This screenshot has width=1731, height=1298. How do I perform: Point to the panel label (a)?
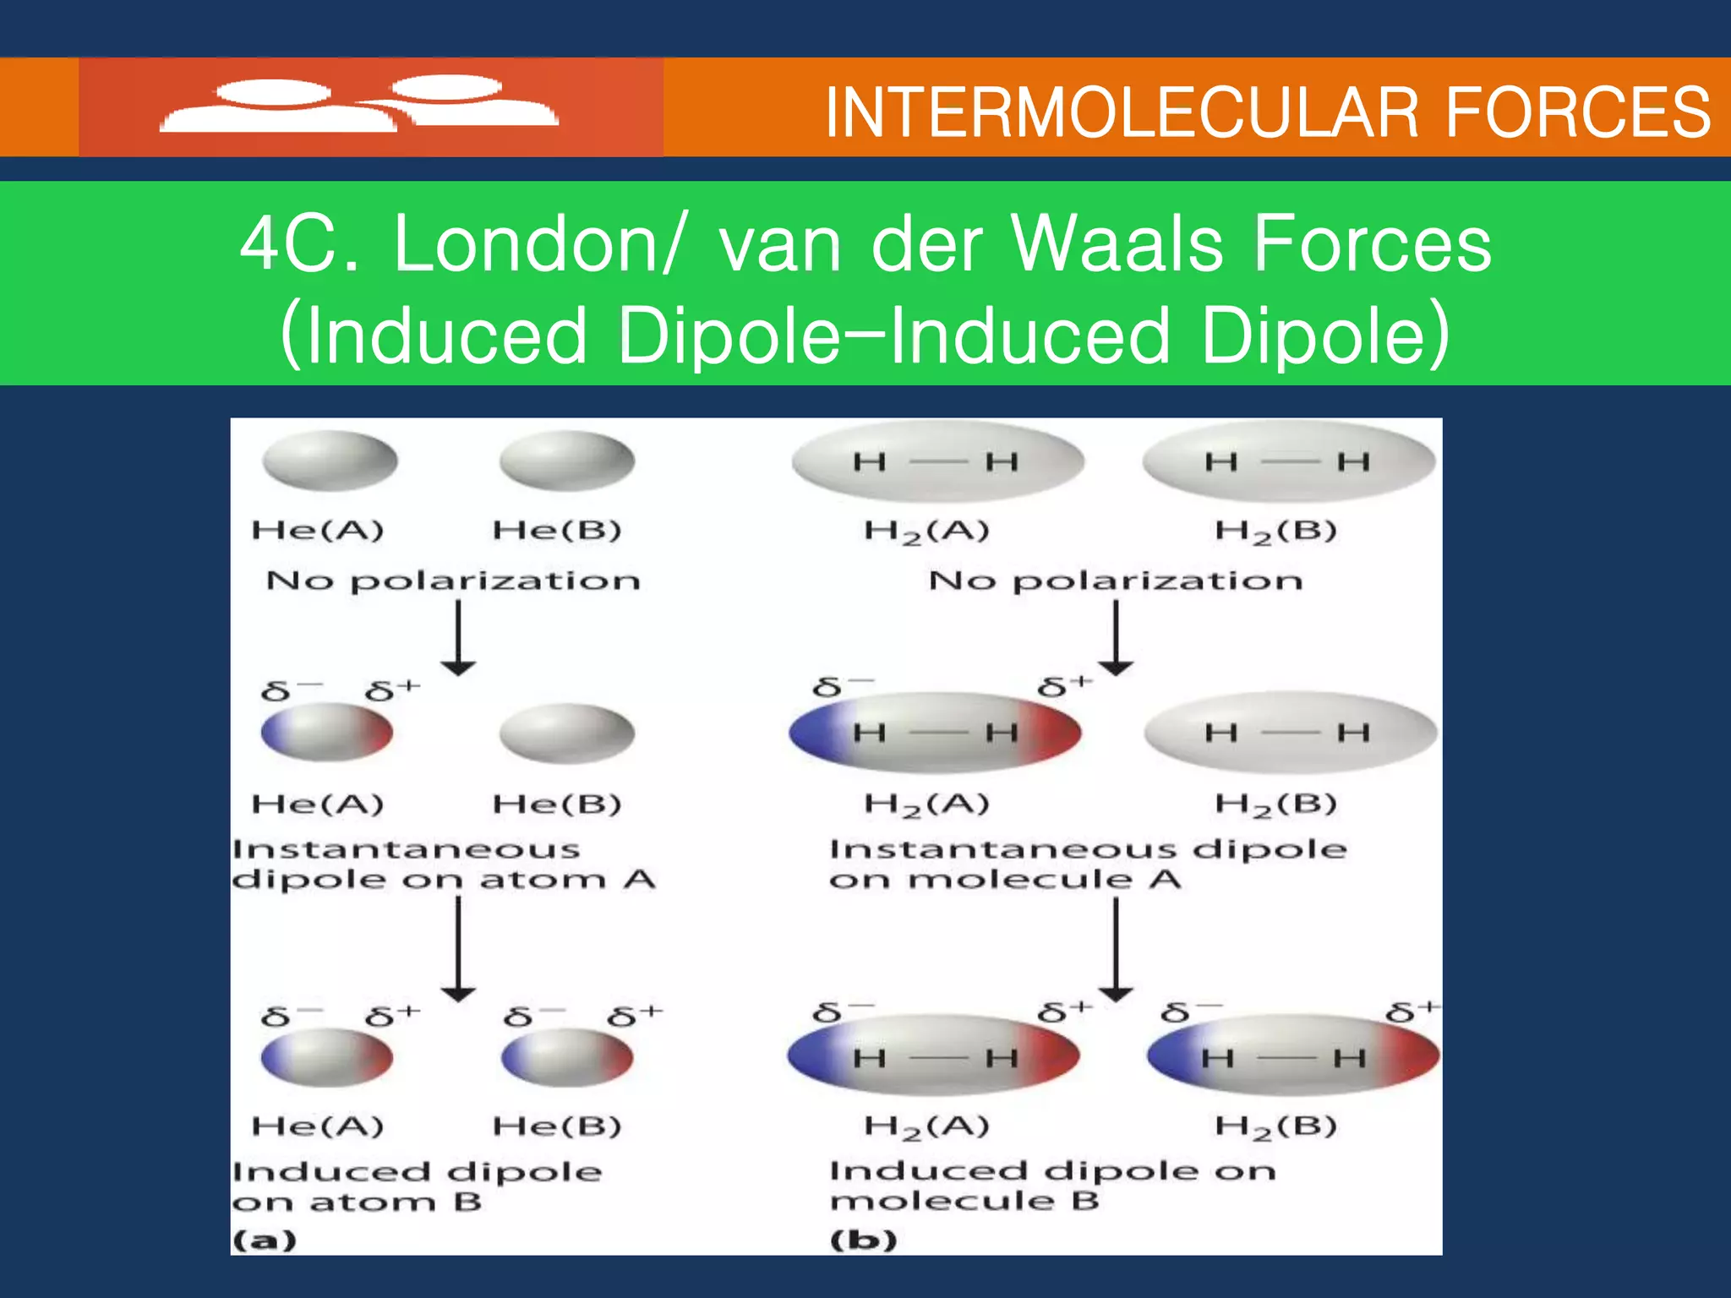click(265, 1241)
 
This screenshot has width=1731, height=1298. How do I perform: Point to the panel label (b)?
click(863, 1241)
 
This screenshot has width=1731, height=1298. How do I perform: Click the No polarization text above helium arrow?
click(453, 581)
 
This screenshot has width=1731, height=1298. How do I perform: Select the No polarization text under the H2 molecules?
click(1116, 581)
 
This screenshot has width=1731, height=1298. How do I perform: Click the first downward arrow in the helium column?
click(458, 638)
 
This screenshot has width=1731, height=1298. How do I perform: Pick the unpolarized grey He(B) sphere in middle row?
click(566, 734)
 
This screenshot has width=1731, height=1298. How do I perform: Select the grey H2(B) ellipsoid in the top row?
click(1289, 462)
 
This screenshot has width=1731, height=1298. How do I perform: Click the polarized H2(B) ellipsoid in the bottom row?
click(1293, 1057)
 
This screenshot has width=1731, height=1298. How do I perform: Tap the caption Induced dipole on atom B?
click(416, 1186)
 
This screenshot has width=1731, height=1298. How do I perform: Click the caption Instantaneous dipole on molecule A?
click(1087, 864)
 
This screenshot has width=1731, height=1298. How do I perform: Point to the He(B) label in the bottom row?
click(557, 1126)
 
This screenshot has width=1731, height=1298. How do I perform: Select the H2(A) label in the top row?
click(926, 532)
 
